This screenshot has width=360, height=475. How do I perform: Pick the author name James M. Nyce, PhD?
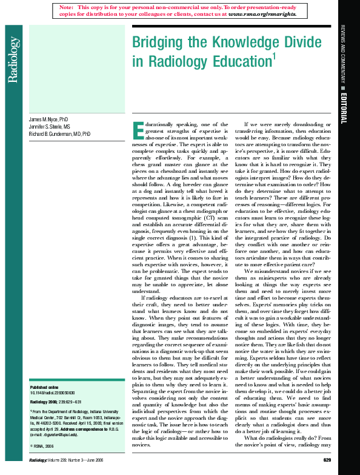click(51, 120)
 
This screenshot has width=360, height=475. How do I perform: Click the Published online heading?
click(44, 387)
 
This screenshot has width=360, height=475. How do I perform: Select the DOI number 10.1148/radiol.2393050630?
click(56, 393)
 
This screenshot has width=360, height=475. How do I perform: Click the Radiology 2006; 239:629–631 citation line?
click(56, 402)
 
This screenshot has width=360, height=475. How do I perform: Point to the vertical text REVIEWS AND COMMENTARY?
click(344, 55)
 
